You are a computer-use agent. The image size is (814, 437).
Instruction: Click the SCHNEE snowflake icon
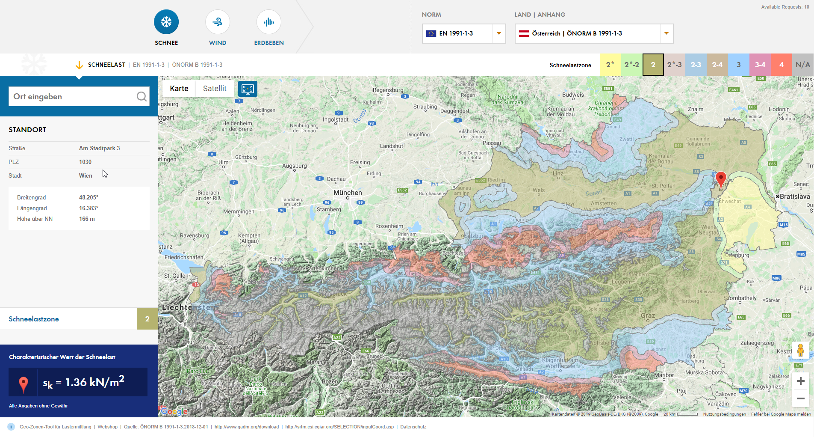(166, 22)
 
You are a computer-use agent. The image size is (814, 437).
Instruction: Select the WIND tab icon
(218, 22)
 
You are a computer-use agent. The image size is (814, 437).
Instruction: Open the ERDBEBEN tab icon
(269, 22)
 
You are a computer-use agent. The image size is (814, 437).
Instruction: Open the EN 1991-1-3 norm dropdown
(464, 33)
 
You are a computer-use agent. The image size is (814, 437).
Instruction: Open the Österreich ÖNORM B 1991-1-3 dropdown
(594, 33)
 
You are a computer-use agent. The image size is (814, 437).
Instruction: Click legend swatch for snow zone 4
(781, 65)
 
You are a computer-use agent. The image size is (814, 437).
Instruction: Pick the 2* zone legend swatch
(610, 65)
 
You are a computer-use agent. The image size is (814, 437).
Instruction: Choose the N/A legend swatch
(802, 65)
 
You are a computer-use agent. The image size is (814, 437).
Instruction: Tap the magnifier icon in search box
(142, 96)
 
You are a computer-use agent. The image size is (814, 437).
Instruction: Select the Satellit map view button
(215, 89)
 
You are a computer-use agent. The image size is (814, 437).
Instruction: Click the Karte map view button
(179, 89)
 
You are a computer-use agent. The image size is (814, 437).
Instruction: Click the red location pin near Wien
(721, 179)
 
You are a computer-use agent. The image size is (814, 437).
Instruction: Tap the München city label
(348, 193)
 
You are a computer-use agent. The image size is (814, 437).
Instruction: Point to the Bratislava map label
(795, 196)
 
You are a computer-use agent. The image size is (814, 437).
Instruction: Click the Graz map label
(648, 315)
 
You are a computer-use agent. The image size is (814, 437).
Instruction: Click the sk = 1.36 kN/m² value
(83, 382)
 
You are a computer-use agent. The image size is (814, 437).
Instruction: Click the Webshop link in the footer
(107, 427)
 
